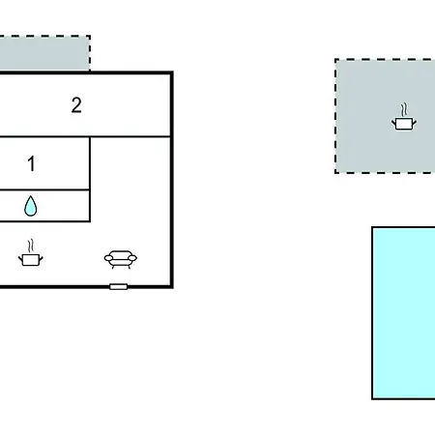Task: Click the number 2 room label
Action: (76, 105)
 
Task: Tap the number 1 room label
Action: (31, 163)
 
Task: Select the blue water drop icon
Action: (31, 206)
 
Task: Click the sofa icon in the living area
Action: (121, 259)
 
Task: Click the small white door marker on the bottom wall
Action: (119, 286)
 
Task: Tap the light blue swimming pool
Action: (404, 313)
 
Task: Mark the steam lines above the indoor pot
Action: (31, 246)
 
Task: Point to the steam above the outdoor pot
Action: (404, 110)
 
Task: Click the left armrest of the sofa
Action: (108, 258)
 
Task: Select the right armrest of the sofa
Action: (132, 258)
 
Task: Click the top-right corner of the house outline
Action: (172, 72)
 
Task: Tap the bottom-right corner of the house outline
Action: (172, 286)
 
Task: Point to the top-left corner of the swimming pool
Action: (372, 227)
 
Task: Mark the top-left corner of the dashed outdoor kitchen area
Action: (335, 60)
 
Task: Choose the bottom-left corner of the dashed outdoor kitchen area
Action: (335, 173)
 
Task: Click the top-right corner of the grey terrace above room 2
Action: (90, 36)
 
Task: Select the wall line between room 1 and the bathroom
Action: (44, 189)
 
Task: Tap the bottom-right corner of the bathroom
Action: (90, 221)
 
